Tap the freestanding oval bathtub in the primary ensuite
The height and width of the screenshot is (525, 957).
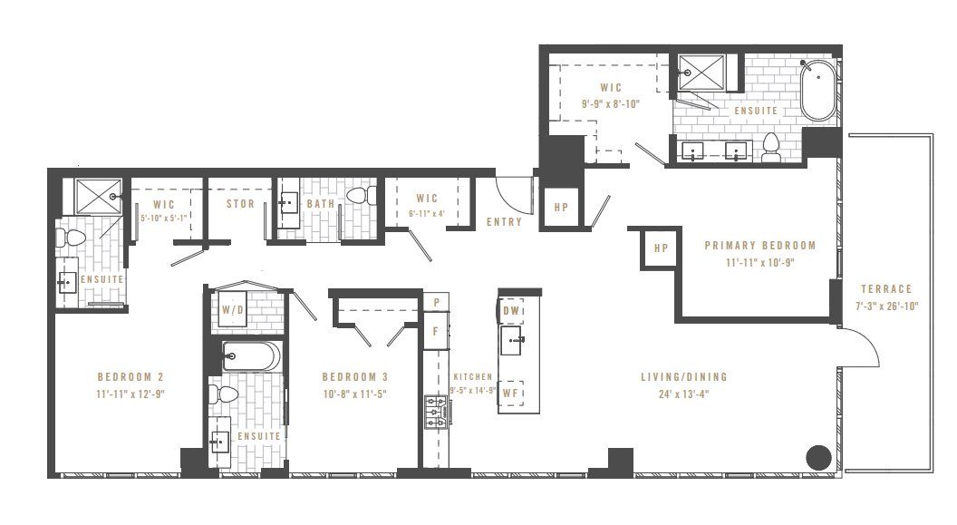pos(819,89)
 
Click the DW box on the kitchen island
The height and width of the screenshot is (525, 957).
pos(513,310)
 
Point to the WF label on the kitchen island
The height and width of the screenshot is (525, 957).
pos(510,394)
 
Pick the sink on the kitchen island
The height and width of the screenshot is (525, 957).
pos(513,342)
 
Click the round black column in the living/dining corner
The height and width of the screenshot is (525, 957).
pos(819,457)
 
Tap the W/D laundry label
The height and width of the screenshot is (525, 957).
pos(233,310)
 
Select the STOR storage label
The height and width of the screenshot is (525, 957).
pos(240,204)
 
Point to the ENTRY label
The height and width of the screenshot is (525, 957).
pos(504,222)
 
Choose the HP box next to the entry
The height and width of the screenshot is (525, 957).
pos(561,208)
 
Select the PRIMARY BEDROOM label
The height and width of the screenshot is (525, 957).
pos(760,245)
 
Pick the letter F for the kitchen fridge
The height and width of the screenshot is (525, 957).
pos(436,331)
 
